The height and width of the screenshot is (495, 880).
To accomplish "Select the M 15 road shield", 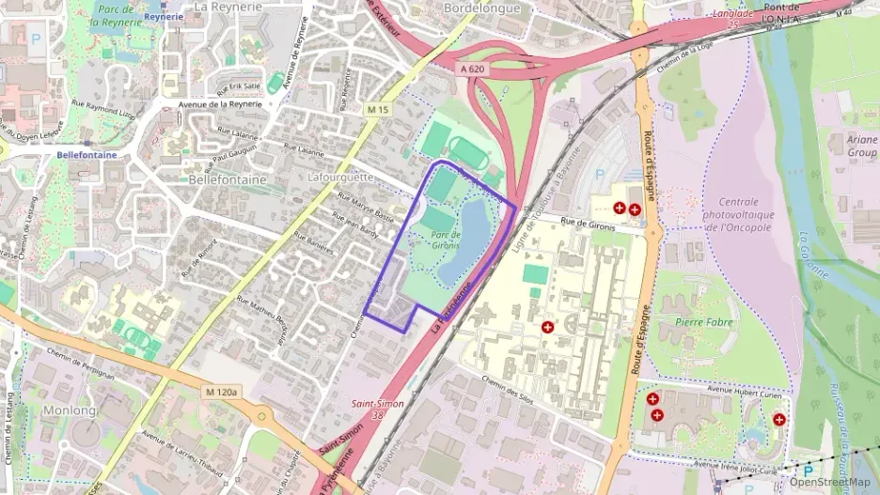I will pyautogui.click(x=378, y=110).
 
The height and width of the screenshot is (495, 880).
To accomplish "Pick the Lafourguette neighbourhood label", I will pyautogui.click(x=340, y=177).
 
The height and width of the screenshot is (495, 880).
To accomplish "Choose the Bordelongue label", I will pyautogui.click(x=480, y=7).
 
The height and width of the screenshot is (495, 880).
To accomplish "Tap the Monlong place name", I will pyautogui.click(x=70, y=410).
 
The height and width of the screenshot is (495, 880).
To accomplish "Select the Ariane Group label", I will pyautogui.click(x=861, y=146).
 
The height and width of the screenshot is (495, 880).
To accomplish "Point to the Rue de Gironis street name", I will pyautogui.click(x=588, y=224).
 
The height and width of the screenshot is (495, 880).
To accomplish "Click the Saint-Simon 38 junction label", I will pyautogui.click(x=372, y=409).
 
